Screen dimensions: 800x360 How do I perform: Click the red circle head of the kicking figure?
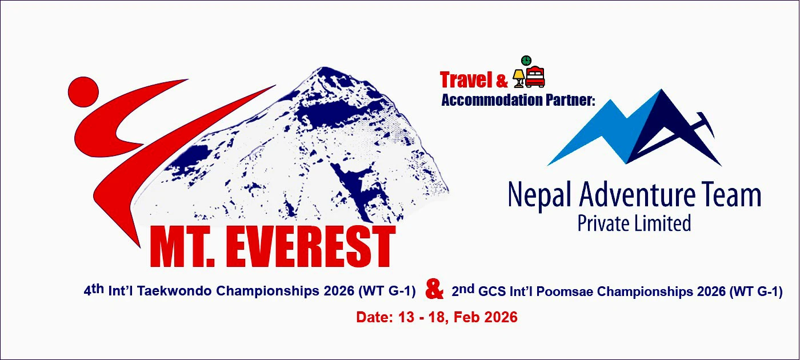click(x=83, y=92)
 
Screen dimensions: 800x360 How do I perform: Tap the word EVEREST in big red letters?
click(x=310, y=247)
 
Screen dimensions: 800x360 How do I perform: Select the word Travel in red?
click(x=466, y=79)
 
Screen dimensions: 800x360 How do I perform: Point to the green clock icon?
click(x=526, y=61)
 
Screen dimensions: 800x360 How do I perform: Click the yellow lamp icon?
click(x=519, y=78)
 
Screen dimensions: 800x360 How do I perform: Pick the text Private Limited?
click(x=634, y=223)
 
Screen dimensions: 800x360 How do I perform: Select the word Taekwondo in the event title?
click(x=175, y=291)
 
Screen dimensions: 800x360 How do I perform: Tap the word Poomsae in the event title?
click(x=565, y=291)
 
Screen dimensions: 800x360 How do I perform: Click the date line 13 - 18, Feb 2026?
click(x=458, y=317)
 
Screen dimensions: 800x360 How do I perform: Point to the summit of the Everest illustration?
click(x=323, y=67)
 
